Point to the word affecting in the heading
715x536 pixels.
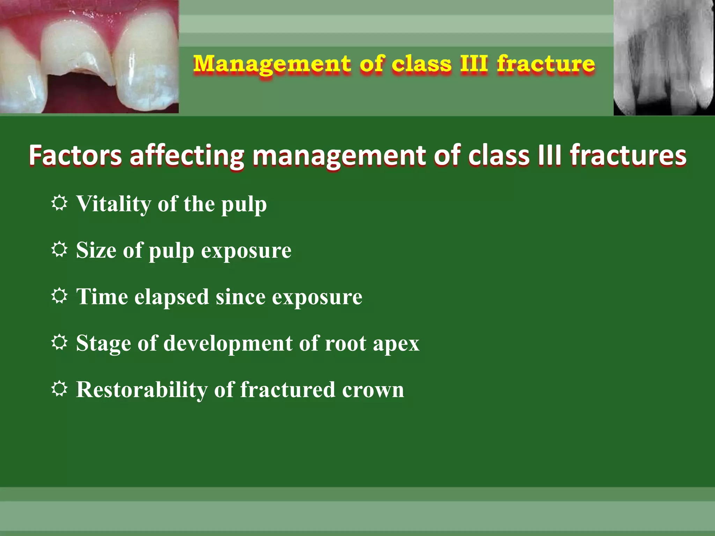pos(187,155)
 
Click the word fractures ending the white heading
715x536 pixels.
pos(628,155)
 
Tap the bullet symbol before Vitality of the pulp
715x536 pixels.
pos(59,203)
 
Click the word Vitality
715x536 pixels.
pos(113,204)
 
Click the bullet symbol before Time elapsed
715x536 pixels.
pos(59,296)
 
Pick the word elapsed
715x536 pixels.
pos(171,297)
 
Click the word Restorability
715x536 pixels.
pos(141,390)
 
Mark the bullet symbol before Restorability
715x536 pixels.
pos(59,389)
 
